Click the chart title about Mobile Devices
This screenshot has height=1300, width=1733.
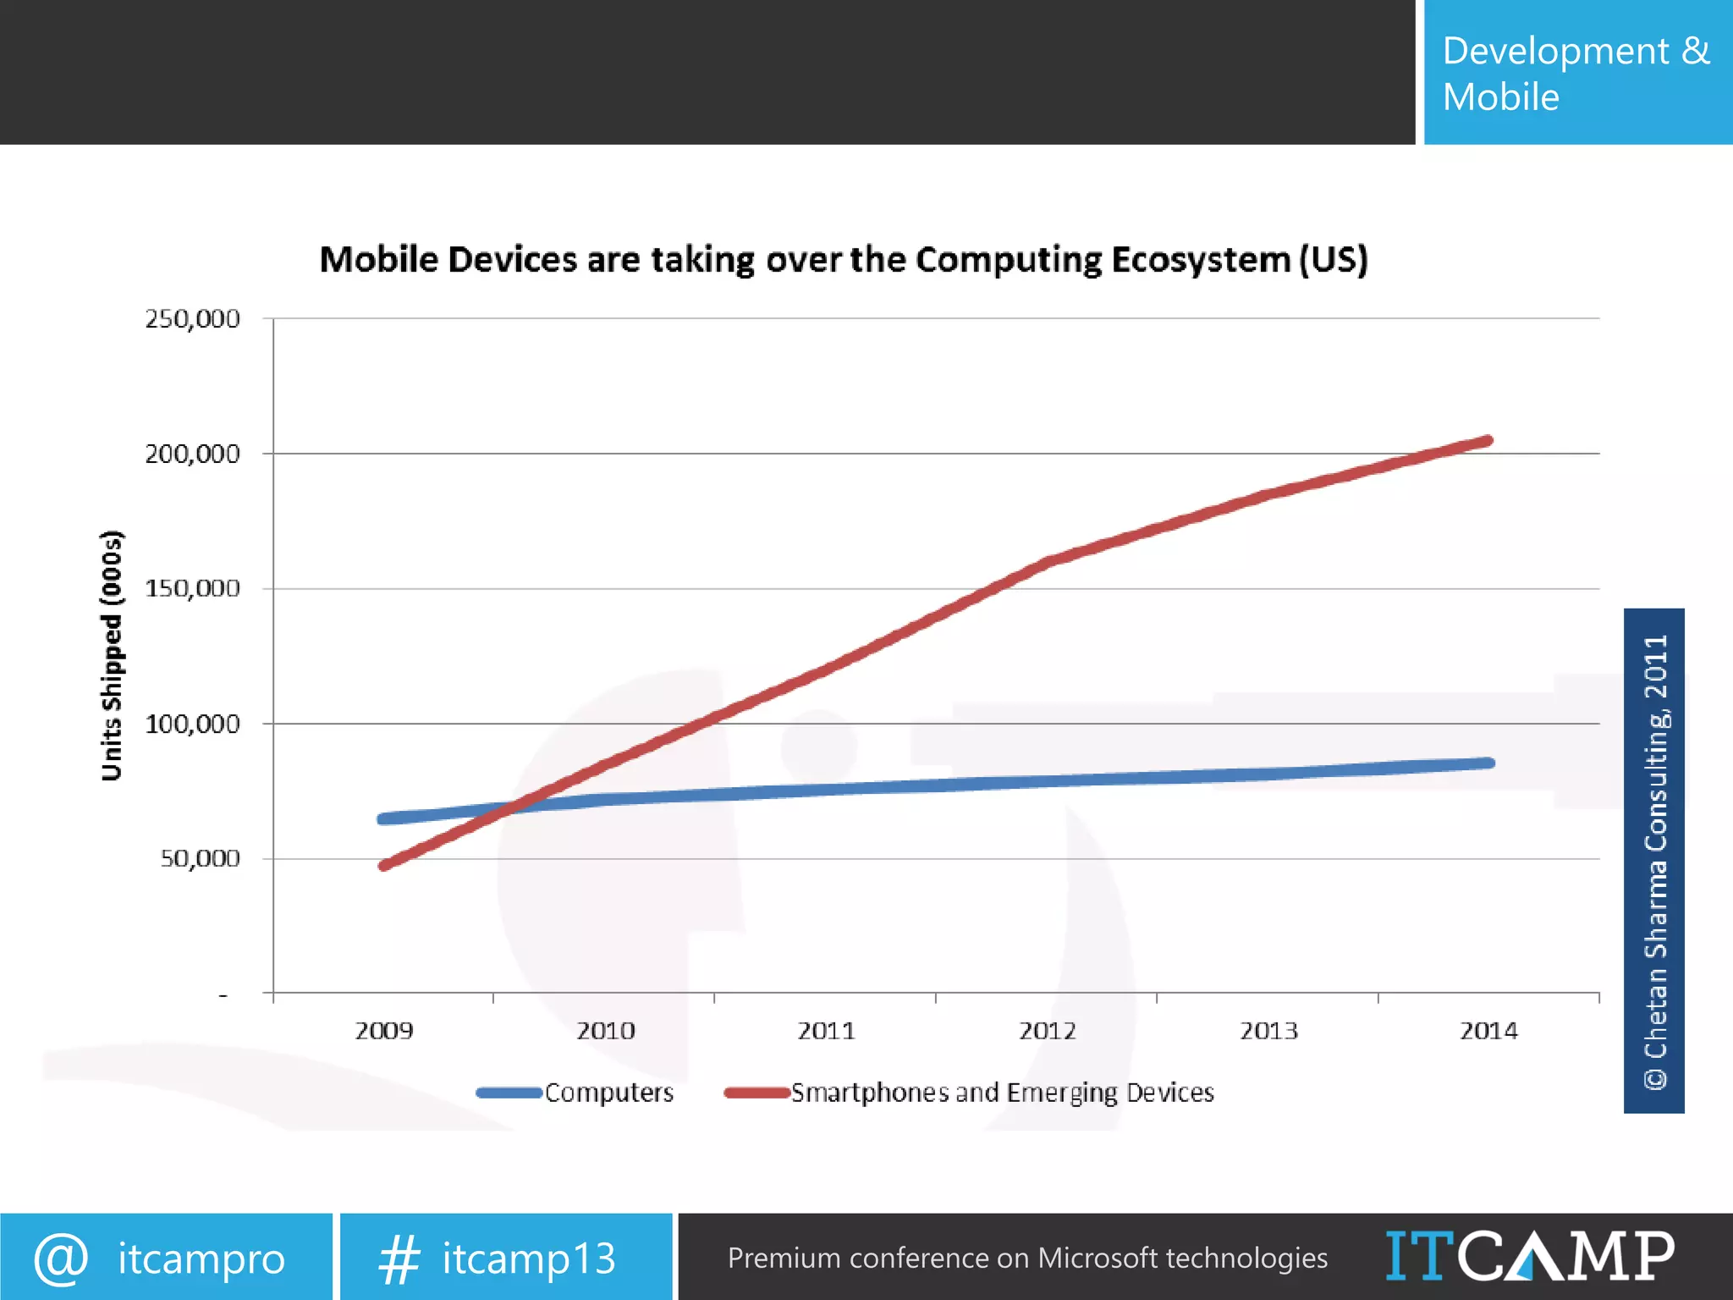(x=844, y=259)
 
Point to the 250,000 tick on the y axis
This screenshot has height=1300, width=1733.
(x=192, y=319)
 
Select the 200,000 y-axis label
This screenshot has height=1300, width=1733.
(x=192, y=454)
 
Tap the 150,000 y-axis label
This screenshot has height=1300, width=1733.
(x=192, y=589)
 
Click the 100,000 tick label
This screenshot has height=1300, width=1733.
(x=192, y=724)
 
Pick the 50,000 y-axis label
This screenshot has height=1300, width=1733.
(x=200, y=859)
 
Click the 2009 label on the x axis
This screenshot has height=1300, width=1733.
(x=384, y=1031)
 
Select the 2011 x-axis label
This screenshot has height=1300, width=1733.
(x=826, y=1031)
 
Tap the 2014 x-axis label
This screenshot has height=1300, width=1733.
(x=1488, y=1031)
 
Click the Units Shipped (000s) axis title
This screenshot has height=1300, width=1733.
(x=112, y=656)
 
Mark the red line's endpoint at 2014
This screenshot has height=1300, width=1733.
(x=1488, y=441)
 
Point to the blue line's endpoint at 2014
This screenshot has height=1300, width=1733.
(x=1489, y=763)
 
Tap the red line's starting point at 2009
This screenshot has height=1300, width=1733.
(x=384, y=866)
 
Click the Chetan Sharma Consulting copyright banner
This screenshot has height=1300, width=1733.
(x=1653, y=860)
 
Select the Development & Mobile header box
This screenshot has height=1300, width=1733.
(x=1577, y=73)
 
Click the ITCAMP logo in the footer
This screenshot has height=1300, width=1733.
(x=1529, y=1257)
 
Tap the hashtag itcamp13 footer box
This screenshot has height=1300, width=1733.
(x=505, y=1258)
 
